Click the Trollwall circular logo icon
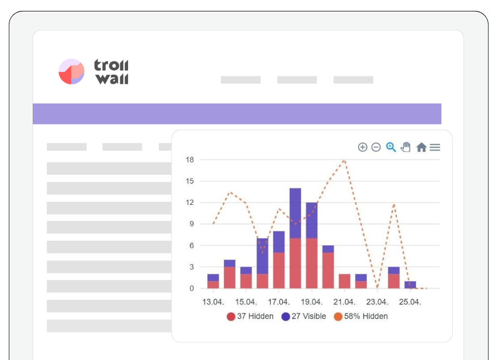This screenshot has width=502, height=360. click(72, 72)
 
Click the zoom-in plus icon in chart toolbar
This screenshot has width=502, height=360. click(362, 147)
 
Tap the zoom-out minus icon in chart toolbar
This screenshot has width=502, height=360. click(376, 147)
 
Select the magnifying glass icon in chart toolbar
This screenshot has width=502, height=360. click(391, 147)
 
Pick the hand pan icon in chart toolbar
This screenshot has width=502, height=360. click(406, 147)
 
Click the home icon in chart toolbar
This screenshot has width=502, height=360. click(421, 147)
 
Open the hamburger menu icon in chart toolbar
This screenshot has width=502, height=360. click(435, 147)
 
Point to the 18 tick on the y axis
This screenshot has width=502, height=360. click(190, 160)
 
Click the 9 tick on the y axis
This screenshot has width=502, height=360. click(191, 224)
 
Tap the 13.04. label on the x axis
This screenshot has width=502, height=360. click(213, 302)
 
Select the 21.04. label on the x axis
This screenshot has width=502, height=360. click(344, 302)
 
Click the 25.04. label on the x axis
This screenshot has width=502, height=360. click(410, 302)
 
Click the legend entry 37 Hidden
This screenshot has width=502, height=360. click(250, 316)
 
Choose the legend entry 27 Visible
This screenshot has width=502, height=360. click(304, 316)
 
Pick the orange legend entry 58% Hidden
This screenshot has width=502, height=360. click(361, 316)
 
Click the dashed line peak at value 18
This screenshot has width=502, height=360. click(344, 160)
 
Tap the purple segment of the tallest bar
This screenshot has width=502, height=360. click(295, 213)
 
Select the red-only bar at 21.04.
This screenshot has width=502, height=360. click(344, 281)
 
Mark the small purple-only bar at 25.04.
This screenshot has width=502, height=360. click(410, 285)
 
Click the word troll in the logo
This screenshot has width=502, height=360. click(111, 65)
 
